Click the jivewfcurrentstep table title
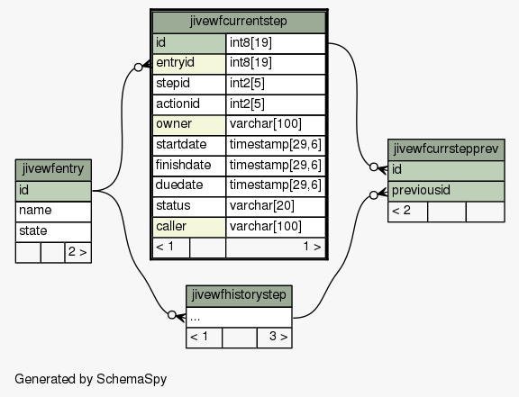[238, 22]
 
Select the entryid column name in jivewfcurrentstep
[175, 62]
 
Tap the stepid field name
[173, 83]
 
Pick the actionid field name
[178, 104]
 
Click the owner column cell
[189, 124]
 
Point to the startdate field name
[181, 144]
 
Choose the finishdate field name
[183, 165]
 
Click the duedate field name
[179, 185]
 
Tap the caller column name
[171, 226]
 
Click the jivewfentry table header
[53, 170]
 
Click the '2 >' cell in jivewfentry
[77, 252]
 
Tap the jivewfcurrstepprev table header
[446, 149]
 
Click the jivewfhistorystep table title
[239, 295]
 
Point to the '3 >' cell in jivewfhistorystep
[275, 338]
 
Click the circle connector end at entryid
[139, 68]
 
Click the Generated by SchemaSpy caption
[91, 379]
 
